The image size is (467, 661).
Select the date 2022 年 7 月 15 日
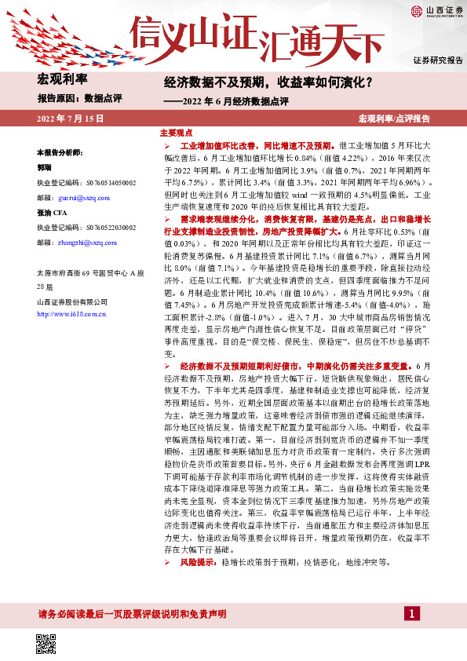click(71, 118)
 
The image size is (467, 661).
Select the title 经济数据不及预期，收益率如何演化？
click(268, 82)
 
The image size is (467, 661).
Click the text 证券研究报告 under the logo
click(437, 60)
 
